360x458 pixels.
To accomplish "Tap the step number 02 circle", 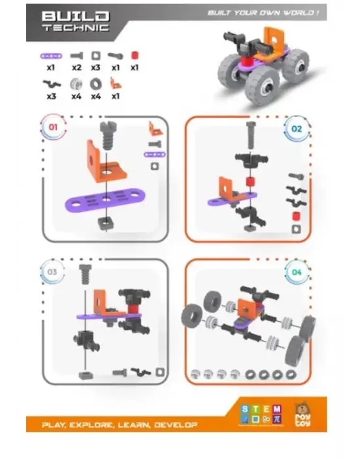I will [x=296, y=129].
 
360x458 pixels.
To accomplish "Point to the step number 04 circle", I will [x=297, y=271].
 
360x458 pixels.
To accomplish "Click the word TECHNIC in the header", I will [x=76, y=28].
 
